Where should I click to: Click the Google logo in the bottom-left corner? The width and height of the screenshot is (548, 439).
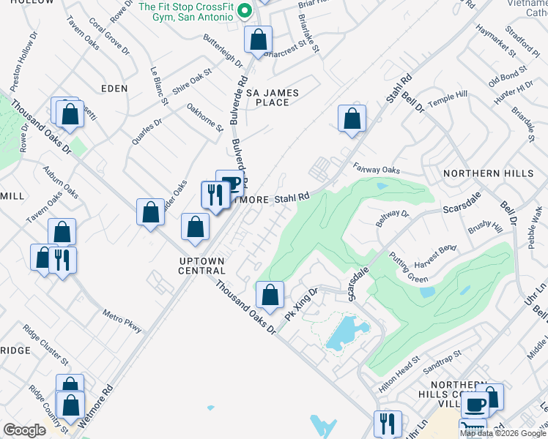[x=24, y=430]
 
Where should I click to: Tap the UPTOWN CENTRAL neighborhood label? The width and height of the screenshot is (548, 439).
[x=201, y=265]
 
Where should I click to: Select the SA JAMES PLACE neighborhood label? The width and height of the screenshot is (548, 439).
[x=278, y=97]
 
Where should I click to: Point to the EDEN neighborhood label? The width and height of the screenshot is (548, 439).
[x=114, y=88]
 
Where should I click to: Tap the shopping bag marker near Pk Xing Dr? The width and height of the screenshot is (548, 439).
[x=270, y=295]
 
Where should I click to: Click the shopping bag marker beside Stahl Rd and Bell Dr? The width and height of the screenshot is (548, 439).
[x=352, y=119]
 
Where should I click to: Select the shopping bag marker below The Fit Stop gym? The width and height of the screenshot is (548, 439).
[x=258, y=39]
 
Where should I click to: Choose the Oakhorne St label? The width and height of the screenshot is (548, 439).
[x=204, y=118]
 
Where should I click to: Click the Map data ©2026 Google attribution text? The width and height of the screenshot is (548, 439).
[x=503, y=433]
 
